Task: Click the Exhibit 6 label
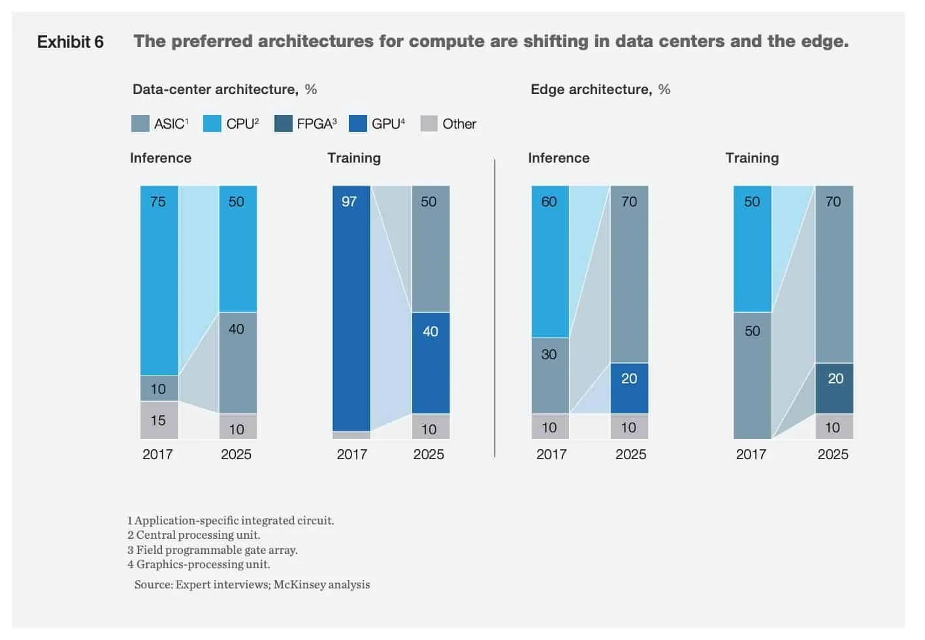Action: point(70,42)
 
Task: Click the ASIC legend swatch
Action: point(140,123)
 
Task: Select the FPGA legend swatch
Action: point(283,123)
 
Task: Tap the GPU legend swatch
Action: point(358,123)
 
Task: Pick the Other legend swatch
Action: point(429,123)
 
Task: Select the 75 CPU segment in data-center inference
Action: point(159,280)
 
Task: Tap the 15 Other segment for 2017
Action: point(159,420)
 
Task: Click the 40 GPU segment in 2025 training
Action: point(430,362)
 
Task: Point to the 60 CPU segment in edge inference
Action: point(550,261)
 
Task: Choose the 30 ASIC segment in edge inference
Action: point(550,376)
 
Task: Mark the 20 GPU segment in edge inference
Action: point(629,388)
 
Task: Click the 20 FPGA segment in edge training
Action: point(834,388)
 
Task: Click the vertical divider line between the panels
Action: point(495,307)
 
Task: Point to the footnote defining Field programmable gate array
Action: point(212,550)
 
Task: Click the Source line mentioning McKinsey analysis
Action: point(252,584)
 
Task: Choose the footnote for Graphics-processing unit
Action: point(199,564)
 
